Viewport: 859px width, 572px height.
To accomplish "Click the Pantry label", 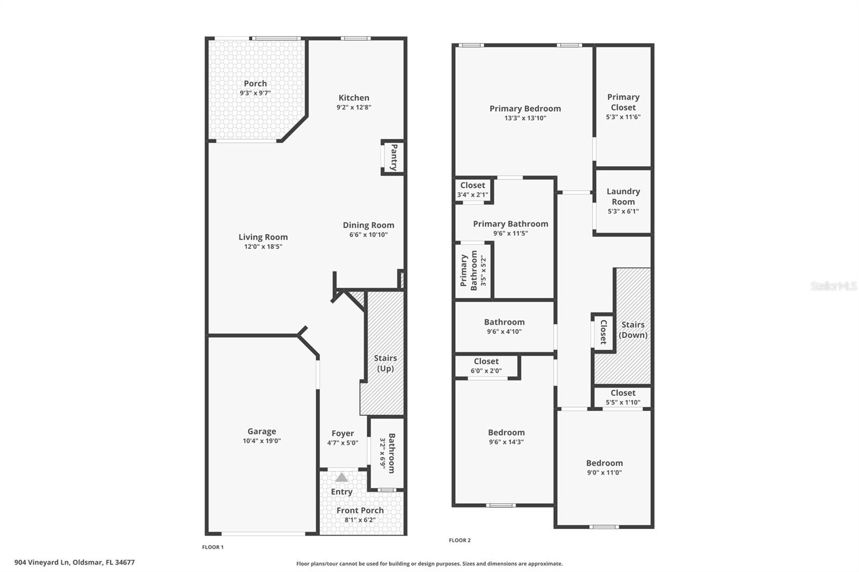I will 394,157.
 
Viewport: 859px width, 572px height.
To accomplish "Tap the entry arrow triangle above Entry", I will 341,477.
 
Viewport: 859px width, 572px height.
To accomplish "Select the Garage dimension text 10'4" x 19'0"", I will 261,441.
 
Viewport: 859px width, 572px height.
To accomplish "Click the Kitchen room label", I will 354,98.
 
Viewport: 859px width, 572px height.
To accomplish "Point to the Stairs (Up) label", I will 385,363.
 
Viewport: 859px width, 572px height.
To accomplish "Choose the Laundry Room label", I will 623,196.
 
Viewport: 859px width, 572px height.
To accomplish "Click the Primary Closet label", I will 623,102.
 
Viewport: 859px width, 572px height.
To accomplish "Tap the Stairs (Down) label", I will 633,329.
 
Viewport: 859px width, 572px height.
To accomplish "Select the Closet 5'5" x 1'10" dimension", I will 623,402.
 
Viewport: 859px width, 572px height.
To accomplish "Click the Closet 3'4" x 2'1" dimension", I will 472,195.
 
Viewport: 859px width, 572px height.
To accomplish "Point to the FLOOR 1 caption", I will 213,547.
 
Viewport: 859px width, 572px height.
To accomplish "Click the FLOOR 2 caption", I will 460,540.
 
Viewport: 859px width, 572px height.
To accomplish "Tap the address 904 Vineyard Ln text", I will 75,562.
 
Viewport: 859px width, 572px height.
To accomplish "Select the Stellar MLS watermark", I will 833,286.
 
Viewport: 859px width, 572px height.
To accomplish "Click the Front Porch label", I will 360,510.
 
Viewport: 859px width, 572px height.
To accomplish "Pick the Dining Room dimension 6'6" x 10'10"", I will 368,234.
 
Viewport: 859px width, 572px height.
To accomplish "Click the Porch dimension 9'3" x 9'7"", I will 255,93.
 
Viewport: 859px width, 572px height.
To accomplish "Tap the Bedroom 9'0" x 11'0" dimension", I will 604,473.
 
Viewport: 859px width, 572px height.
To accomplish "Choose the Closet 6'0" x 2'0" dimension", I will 486,371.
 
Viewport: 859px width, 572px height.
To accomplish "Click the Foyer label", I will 343,433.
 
